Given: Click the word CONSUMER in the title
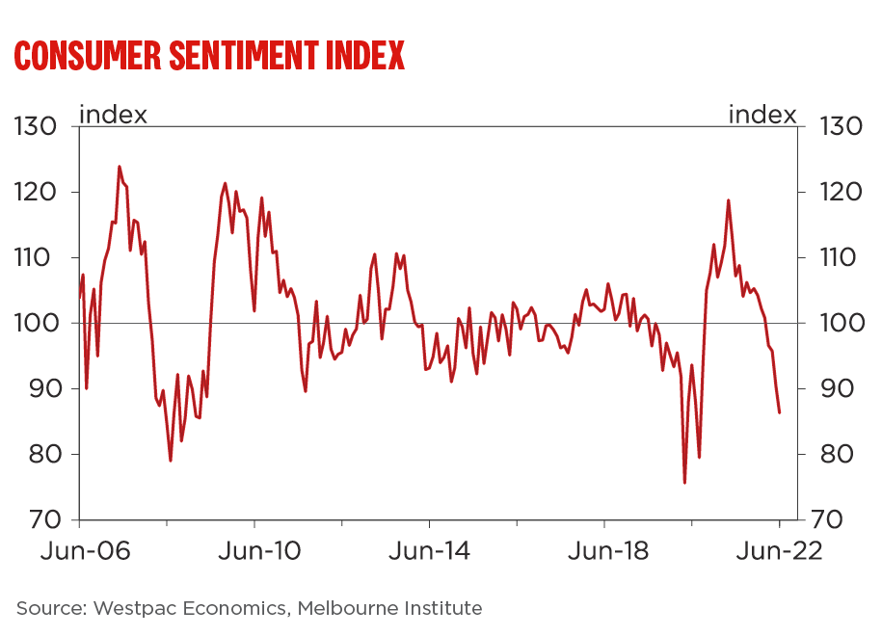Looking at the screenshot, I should [87, 56].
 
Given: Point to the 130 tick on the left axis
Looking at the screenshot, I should [37, 127].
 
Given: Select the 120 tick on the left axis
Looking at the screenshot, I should [37, 193].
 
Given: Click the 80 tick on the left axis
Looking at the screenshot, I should [40, 454].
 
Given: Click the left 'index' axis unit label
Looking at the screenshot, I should [113, 115].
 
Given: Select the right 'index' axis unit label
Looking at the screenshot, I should [762, 115].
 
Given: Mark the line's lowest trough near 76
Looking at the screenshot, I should [684, 483].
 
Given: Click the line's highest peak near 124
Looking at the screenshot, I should [120, 167].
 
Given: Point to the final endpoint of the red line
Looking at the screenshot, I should [779, 412].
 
